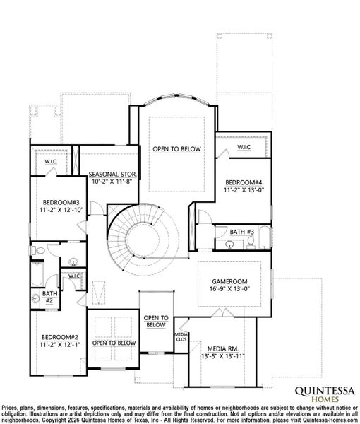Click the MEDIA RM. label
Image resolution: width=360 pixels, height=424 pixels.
(x=222, y=348)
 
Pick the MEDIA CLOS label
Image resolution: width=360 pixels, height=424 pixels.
(x=181, y=336)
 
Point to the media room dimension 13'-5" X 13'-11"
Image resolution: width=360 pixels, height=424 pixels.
(x=222, y=357)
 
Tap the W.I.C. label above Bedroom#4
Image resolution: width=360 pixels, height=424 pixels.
(x=245, y=147)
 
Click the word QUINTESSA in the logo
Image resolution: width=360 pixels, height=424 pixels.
(x=319, y=389)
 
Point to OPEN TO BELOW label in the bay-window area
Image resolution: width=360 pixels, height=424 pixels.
(x=176, y=149)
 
